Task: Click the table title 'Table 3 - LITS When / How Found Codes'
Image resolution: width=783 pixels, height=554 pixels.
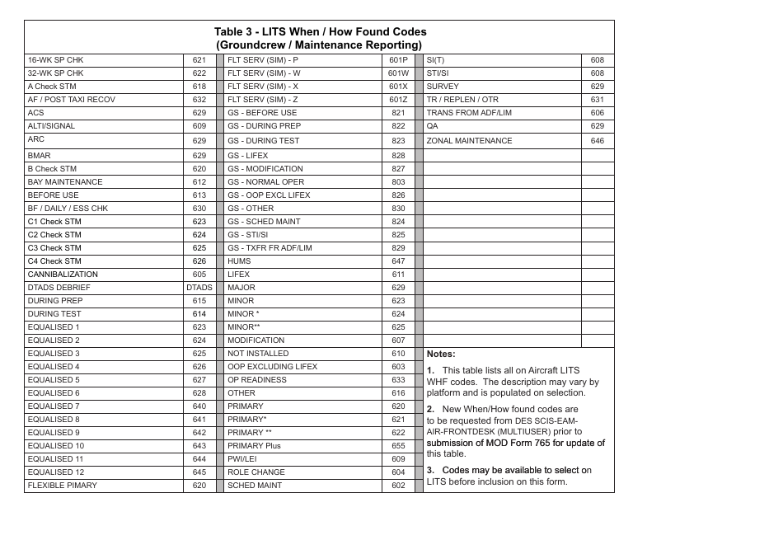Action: click(x=320, y=32)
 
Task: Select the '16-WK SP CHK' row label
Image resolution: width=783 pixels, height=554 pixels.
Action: click(x=55, y=60)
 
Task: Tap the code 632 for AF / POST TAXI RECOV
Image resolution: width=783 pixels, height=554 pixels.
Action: click(x=199, y=100)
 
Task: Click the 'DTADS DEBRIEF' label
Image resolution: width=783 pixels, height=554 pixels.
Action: click(x=59, y=288)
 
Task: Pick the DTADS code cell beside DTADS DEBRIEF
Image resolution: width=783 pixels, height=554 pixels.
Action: click(x=199, y=288)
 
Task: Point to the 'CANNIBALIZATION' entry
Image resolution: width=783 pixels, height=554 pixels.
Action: click(x=63, y=275)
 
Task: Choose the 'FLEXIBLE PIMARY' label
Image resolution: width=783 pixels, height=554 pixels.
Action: click(x=62, y=486)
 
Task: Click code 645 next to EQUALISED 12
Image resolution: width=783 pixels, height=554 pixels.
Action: click(x=199, y=472)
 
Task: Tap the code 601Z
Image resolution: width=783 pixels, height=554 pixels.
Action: click(x=398, y=100)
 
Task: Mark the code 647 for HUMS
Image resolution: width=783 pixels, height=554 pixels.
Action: click(x=398, y=261)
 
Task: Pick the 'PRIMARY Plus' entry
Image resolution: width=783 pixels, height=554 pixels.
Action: click(x=254, y=446)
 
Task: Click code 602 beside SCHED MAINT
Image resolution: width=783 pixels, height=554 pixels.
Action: click(x=398, y=486)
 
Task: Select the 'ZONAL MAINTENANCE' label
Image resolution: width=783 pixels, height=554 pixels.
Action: click(x=469, y=141)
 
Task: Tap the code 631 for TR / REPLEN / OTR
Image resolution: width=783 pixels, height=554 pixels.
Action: click(x=598, y=100)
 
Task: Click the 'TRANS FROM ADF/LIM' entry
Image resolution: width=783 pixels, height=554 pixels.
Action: click(x=468, y=113)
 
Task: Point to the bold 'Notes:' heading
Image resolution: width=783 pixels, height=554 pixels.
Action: click(x=441, y=354)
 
